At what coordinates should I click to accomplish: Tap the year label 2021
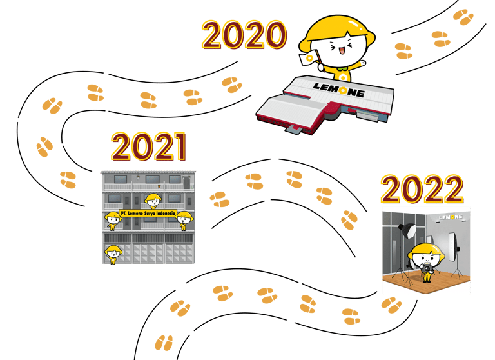(148, 147)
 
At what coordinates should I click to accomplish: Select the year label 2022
(422, 189)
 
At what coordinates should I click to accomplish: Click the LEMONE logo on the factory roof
(338, 90)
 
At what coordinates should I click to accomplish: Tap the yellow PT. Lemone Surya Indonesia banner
(148, 214)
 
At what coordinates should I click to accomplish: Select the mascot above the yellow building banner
(152, 201)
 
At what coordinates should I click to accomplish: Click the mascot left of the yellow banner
(113, 220)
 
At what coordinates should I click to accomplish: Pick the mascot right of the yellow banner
(184, 219)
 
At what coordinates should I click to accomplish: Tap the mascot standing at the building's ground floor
(113, 254)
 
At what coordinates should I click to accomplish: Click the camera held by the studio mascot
(425, 267)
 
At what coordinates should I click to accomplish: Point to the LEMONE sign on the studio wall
(451, 217)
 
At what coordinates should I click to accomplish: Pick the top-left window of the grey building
(120, 179)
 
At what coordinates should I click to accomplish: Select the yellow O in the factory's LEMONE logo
(341, 90)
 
